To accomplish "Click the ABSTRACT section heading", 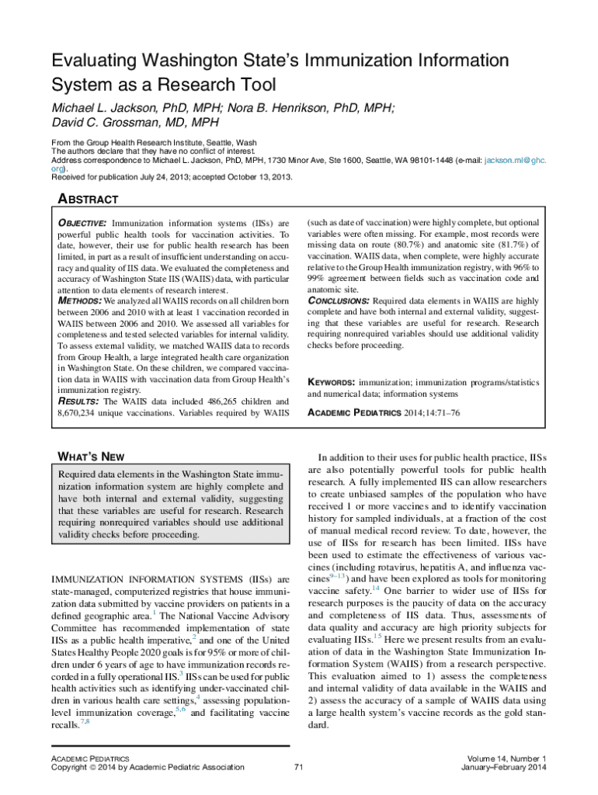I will [x=89, y=200].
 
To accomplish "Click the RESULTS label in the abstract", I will [x=78, y=401].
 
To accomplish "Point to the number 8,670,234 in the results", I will [x=85, y=414].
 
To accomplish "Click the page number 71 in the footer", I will [x=299, y=768].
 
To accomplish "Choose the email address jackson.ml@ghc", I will [x=515, y=160].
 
